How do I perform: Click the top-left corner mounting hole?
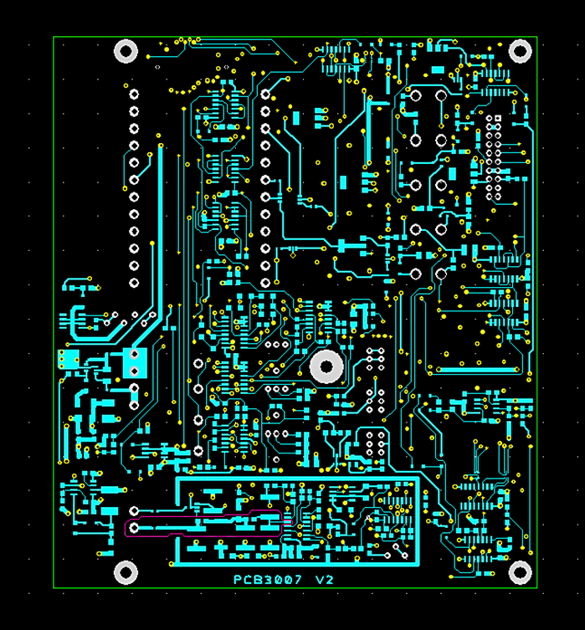pyautogui.click(x=126, y=52)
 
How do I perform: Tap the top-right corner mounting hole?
pyautogui.click(x=521, y=52)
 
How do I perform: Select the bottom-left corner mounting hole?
pyautogui.click(x=126, y=572)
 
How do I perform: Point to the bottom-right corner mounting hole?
pyautogui.click(x=521, y=572)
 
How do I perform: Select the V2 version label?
pyautogui.click(x=324, y=580)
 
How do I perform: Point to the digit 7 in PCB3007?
pyautogui.click(x=297, y=580)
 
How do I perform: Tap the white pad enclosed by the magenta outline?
pyautogui.click(x=134, y=528)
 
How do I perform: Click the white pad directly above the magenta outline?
pyautogui.click(x=134, y=511)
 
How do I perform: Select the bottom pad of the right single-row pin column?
pyautogui.click(x=265, y=283)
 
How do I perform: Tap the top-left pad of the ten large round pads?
pyautogui.click(x=415, y=95)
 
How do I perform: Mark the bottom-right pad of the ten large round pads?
pyautogui.click(x=440, y=274)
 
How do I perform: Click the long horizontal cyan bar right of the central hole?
pyautogui.click(x=474, y=369)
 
